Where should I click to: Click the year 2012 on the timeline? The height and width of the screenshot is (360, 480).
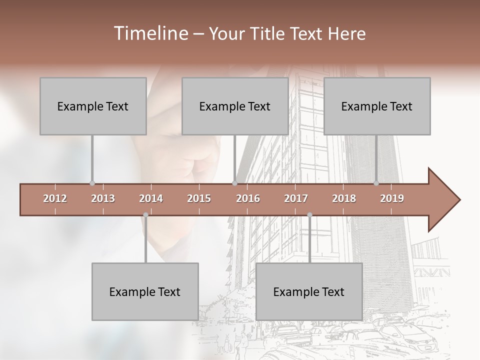(x=55, y=199)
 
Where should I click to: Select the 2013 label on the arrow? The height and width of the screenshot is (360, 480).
(x=103, y=199)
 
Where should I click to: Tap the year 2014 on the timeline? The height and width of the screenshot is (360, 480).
(x=151, y=199)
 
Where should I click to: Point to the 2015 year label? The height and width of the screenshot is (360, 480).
(x=199, y=199)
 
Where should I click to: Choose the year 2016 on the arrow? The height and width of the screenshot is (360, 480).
(x=248, y=199)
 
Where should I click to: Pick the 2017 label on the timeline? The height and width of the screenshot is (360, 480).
(x=296, y=199)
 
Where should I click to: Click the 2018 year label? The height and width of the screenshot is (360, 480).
(x=344, y=199)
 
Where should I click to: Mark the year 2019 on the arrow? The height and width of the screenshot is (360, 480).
(x=392, y=199)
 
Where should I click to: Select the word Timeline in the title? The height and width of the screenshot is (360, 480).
(x=150, y=33)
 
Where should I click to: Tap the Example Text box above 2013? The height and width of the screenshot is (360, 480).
(x=93, y=106)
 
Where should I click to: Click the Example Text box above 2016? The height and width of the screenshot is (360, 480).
(x=235, y=106)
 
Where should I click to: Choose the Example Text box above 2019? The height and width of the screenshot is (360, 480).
(x=377, y=106)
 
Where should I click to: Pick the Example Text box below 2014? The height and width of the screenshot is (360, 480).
(x=145, y=291)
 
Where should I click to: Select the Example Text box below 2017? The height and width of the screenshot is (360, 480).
(x=309, y=291)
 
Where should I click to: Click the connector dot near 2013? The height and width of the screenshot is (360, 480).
(x=92, y=183)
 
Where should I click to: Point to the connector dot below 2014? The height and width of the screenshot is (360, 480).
(x=145, y=215)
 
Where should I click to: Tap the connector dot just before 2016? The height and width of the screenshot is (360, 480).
(x=234, y=183)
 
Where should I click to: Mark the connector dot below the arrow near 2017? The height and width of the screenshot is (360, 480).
(x=309, y=215)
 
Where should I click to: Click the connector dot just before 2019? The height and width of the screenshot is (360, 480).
(x=376, y=183)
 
